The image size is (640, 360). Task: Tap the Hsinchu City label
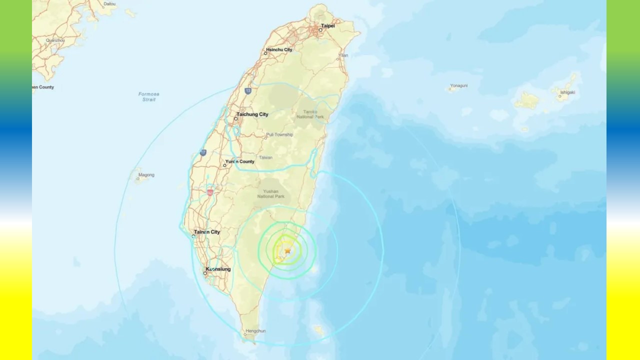(279, 49)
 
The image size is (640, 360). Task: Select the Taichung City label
(252, 114)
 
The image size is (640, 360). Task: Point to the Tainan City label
(207, 232)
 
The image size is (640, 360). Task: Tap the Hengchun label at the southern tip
(254, 331)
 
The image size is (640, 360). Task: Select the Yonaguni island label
(458, 85)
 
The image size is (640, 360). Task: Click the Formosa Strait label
(149, 96)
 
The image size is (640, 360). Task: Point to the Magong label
(146, 175)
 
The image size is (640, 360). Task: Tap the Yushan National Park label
(271, 193)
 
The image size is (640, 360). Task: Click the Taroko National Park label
(310, 114)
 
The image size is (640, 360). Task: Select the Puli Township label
(279, 134)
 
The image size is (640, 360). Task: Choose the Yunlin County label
(240, 161)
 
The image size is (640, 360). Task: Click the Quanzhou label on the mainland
(55, 40)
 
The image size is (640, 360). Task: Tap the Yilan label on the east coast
(343, 55)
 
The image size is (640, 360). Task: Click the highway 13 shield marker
(248, 90)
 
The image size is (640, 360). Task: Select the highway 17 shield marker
(203, 152)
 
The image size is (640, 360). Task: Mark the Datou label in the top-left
(109, 4)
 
